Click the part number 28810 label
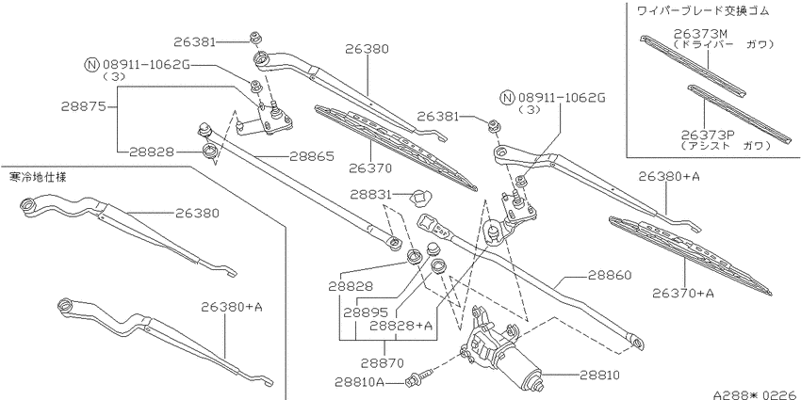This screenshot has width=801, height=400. pos(599,376)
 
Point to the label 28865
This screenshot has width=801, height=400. pos(312,156)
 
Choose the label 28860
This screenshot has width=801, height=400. pos(610,275)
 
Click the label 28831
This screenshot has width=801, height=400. pos(371,195)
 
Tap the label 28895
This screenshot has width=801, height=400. pos(365,312)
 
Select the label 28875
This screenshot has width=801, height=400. pos(83,106)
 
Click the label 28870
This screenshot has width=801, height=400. pos(382,362)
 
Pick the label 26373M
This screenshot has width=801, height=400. pos(700,34)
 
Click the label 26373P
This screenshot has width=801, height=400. pos(708,135)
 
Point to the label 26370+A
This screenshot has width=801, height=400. pos(683,293)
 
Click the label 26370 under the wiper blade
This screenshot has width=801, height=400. pos(370,168)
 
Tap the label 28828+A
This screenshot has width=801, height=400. pos(400,326)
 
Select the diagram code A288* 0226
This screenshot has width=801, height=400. pos(757,394)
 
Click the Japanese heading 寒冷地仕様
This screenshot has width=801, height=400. pos(39,178)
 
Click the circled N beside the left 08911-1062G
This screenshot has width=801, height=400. pos(90,65)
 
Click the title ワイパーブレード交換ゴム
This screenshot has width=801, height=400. pos(702,10)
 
